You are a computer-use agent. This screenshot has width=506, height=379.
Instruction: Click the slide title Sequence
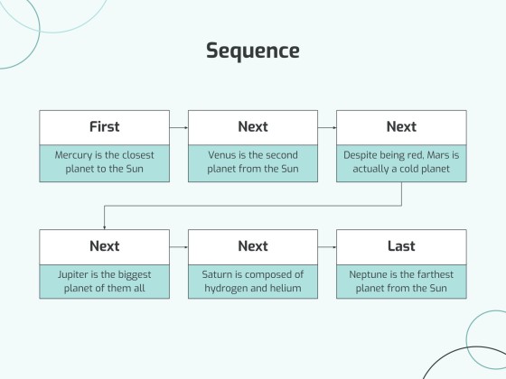(252, 51)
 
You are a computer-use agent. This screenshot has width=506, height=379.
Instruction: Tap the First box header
(104, 126)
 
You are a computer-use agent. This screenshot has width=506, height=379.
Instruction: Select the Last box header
(401, 245)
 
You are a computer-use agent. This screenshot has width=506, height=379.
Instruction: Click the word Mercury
(74, 155)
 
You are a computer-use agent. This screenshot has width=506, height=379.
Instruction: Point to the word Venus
(223, 155)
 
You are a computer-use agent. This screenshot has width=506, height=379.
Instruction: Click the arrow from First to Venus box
(179, 127)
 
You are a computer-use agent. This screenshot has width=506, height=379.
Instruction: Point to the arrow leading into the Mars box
(327, 127)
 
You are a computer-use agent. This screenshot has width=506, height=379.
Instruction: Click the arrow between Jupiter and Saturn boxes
(179, 246)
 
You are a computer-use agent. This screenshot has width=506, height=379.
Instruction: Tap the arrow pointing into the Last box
(327, 246)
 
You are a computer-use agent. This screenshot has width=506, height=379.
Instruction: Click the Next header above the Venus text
(253, 126)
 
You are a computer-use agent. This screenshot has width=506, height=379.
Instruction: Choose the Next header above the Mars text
(401, 126)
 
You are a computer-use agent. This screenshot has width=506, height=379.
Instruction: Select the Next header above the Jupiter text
(104, 245)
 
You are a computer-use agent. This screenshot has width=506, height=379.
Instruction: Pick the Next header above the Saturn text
(253, 245)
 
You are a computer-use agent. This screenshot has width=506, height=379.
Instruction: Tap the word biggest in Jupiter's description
(132, 274)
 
